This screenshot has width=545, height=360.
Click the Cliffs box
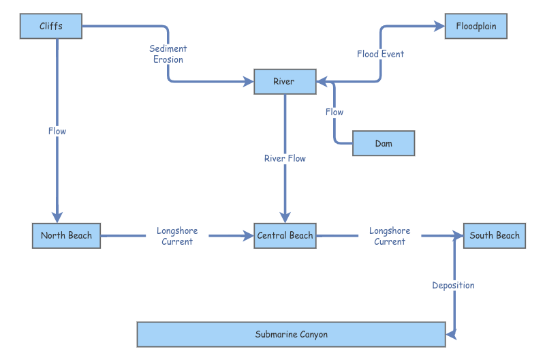(x=51, y=27)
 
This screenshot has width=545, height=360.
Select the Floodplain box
(x=476, y=27)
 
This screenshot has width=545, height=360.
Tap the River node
(x=285, y=82)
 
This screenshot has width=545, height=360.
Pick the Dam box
(x=383, y=143)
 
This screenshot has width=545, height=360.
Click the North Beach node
(x=66, y=236)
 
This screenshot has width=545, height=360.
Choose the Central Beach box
(x=285, y=236)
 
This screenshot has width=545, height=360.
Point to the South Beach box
(x=494, y=236)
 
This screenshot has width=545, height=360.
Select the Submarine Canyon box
(x=291, y=335)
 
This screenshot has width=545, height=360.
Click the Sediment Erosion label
(x=168, y=54)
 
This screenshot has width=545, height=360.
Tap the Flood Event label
(x=380, y=54)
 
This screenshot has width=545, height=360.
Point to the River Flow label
(x=285, y=158)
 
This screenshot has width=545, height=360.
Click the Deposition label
(x=453, y=285)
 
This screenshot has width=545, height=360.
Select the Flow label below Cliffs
(x=57, y=131)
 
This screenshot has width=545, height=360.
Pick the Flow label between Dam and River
(x=334, y=112)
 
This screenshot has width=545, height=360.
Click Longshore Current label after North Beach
(x=177, y=236)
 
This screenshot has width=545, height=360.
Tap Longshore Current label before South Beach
(x=390, y=236)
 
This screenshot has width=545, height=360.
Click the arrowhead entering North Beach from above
(x=57, y=217)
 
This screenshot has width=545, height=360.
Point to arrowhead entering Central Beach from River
(x=285, y=217)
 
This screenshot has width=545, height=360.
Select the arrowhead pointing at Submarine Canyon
(x=450, y=333)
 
